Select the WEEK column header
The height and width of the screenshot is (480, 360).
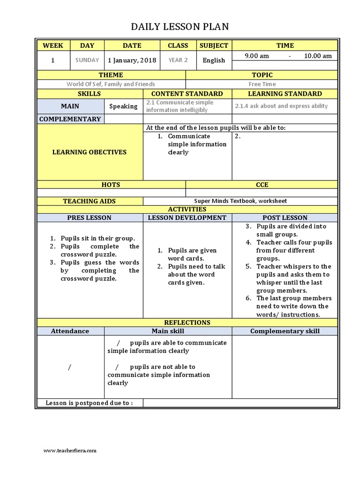53,45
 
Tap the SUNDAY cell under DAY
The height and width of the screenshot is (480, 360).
87,60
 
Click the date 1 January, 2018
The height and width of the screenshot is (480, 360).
132,60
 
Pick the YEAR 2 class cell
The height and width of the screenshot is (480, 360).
178,60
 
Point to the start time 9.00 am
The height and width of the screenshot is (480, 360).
257,56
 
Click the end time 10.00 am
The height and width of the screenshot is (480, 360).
318,56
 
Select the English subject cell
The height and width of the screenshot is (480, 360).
214,60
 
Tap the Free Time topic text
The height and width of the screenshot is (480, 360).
262,84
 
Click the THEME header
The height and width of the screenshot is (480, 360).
111,75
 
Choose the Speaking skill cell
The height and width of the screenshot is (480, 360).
123,106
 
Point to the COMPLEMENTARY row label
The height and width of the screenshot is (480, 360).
70,119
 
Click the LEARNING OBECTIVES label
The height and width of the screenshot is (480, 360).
90,152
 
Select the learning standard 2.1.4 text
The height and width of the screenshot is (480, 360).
281,106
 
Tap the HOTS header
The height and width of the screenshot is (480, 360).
111,185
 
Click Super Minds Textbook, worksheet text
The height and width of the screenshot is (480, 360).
240,201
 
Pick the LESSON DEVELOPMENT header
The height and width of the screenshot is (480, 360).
187,217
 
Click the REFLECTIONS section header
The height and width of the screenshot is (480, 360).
187,322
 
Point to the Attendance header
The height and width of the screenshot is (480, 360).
70,331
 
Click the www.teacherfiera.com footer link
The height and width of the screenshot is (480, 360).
70,450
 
